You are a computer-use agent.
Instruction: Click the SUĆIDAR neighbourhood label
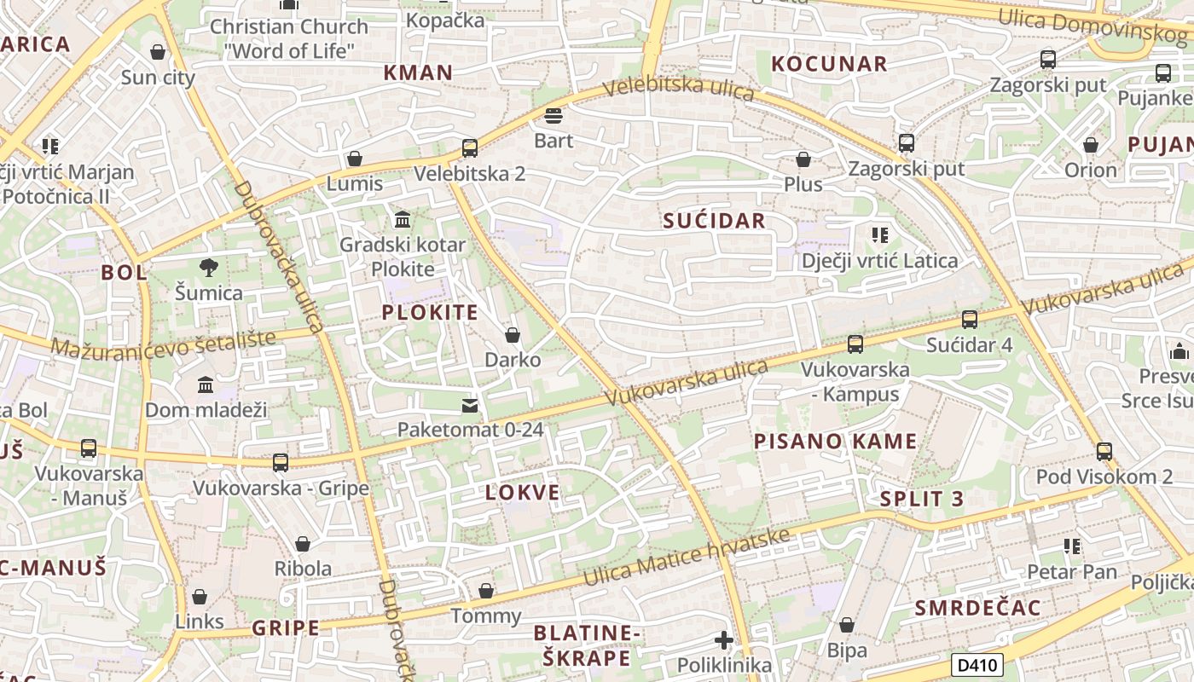[714, 221]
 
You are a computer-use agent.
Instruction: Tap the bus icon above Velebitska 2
[470, 148]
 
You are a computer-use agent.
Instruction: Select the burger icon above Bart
[554, 115]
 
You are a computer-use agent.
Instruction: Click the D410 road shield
[977, 665]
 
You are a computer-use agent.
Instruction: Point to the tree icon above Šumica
[209, 269]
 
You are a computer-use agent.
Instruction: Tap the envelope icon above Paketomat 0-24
[470, 405]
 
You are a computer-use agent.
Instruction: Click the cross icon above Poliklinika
[724, 640]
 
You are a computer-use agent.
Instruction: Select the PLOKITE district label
[430, 312]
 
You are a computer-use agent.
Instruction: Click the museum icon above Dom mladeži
[206, 385]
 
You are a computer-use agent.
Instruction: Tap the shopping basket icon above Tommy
[486, 591]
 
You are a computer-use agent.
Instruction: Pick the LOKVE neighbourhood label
[523, 492]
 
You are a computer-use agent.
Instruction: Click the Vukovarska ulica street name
[687, 383]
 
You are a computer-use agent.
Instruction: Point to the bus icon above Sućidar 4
[970, 320]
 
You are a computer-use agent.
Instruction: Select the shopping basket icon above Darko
[513, 335]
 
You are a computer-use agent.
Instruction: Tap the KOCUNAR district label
[829, 64]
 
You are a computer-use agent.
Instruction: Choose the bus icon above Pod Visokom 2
[1104, 452]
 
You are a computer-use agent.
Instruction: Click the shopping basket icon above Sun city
[158, 53]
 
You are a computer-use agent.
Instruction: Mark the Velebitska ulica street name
[679, 88]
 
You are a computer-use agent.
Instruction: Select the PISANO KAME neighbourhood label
[835, 442]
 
